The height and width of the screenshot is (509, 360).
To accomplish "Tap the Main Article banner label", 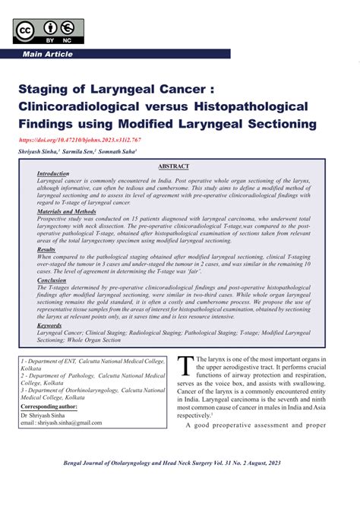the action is [48, 55].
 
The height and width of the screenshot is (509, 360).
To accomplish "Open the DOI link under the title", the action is [78, 141].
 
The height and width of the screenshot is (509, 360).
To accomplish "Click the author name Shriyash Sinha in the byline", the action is [44, 152].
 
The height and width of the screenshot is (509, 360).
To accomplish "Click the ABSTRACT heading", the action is [174, 166].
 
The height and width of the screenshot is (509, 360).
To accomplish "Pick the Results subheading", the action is [46, 248].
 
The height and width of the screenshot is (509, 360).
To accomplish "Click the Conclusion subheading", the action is [52, 280].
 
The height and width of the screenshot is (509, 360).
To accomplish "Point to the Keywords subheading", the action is [50, 325].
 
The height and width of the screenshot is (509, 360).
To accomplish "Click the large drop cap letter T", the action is [185, 368].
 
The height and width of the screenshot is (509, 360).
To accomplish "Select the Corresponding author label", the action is [51, 407].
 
